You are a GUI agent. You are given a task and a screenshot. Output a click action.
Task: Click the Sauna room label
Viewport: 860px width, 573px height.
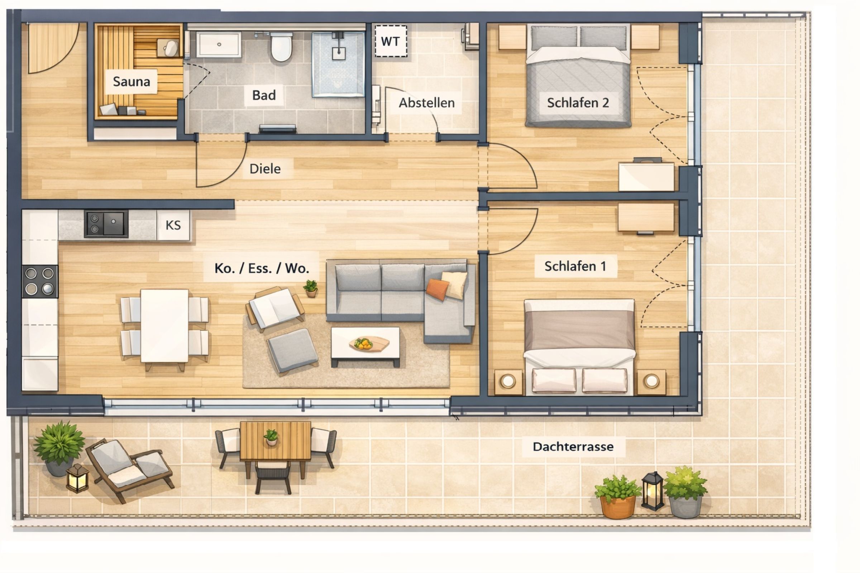click(131, 82)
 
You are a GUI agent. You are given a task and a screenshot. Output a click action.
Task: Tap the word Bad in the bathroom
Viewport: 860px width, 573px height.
click(264, 95)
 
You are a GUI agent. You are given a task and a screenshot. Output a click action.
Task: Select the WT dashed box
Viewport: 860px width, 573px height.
click(391, 41)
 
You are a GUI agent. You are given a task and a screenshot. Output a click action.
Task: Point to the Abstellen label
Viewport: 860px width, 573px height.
click(427, 103)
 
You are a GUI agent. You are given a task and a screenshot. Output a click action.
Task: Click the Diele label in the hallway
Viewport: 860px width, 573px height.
click(265, 169)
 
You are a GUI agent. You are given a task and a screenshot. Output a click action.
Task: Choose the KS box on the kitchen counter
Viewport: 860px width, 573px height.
click(173, 225)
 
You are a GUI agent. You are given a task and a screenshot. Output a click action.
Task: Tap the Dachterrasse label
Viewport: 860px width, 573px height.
click(573, 447)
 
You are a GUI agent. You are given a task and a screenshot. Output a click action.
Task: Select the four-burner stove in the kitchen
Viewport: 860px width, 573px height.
click(39, 281)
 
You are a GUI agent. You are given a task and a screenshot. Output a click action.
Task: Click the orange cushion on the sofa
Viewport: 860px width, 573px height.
click(437, 289)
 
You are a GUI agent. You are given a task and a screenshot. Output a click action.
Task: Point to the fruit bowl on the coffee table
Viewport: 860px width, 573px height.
click(363, 343)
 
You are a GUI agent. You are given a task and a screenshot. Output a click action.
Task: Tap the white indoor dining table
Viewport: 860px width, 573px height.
click(164, 326)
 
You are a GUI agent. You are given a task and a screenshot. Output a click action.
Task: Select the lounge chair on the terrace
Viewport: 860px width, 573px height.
click(130, 468)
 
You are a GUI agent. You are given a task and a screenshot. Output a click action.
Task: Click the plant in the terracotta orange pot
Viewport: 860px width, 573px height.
click(617, 497)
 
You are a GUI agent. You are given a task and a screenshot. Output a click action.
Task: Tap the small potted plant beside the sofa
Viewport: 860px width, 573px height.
click(310, 288)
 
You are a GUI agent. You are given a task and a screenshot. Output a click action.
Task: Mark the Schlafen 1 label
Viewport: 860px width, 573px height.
click(575, 266)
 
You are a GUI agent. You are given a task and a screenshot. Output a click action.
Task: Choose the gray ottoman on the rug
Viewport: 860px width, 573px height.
click(292, 350)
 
